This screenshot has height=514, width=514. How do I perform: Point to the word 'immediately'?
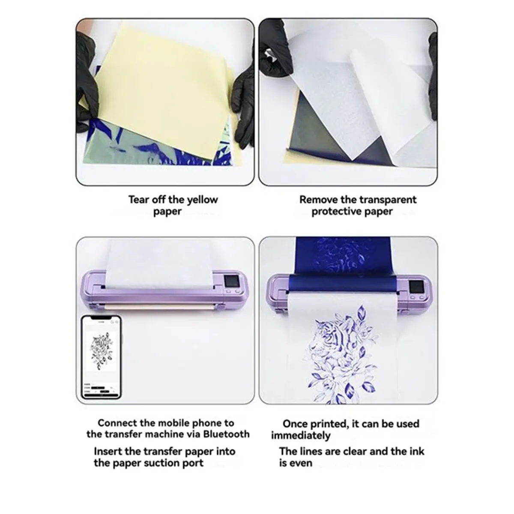pos(301,436)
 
